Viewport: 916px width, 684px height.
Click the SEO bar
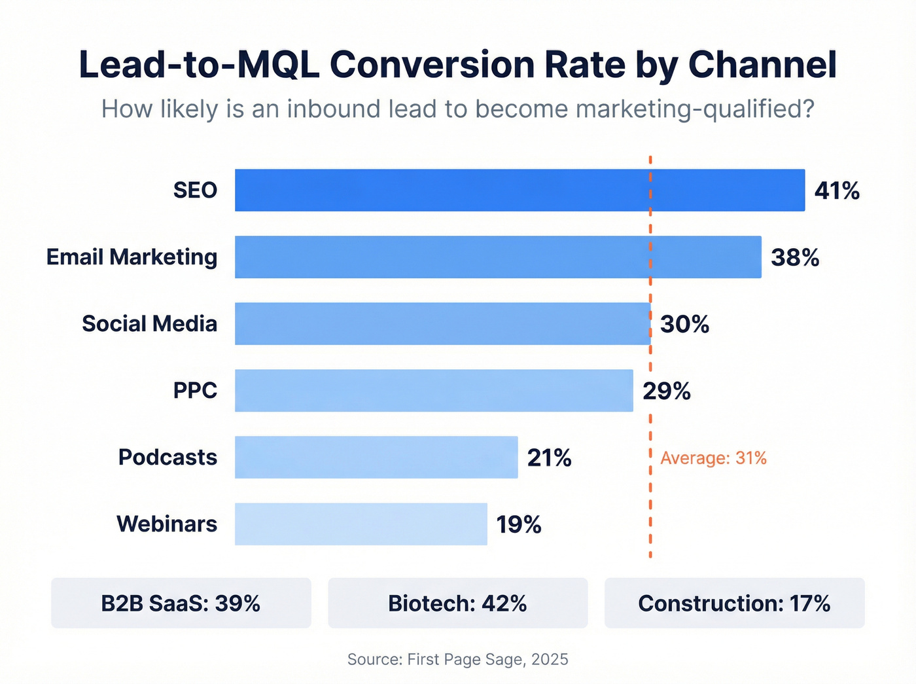point(520,190)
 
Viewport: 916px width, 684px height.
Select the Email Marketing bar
point(498,257)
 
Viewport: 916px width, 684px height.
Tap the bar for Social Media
point(442,324)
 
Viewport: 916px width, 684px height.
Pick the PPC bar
point(434,391)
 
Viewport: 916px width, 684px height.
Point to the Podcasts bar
point(376,458)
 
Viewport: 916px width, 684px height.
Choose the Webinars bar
point(361,524)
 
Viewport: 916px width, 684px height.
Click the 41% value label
point(837,191)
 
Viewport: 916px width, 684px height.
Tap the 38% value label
point(795,258)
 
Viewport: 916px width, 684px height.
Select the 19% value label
point(519,525)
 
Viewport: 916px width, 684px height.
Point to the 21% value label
point(550,458)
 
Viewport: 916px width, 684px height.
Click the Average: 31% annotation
point(713,458)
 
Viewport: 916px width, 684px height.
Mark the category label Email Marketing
point(132,257)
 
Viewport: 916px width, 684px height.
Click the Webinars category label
point(167,524)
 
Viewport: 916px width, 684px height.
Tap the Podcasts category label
point(167,458)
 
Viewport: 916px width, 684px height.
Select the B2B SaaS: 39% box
point(181,603)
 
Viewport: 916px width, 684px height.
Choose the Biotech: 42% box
point(458,603)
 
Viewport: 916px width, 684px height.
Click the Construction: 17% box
point(734,603)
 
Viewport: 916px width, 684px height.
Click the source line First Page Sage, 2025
point(458,659)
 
